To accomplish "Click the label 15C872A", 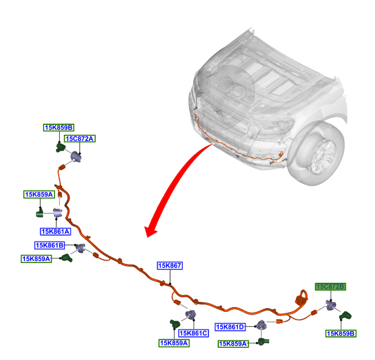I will (x=79, y=139).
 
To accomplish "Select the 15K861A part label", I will (x=55, y=232).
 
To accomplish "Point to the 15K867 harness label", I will (x=170, y=266).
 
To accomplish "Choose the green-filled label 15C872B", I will (x=330, y=287).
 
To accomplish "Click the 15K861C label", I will (x=193, y=333).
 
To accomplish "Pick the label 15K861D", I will (x=230, y=327).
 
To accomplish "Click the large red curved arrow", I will (x=174, y=186).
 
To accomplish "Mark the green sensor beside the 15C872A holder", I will (x=60, y=147).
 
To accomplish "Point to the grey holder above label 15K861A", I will (x=58, y=214).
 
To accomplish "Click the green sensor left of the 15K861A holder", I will (x=41, y=214).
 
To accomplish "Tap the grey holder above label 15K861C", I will (x=189, y=315).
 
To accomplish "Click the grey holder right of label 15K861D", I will (x=262, y=325).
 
